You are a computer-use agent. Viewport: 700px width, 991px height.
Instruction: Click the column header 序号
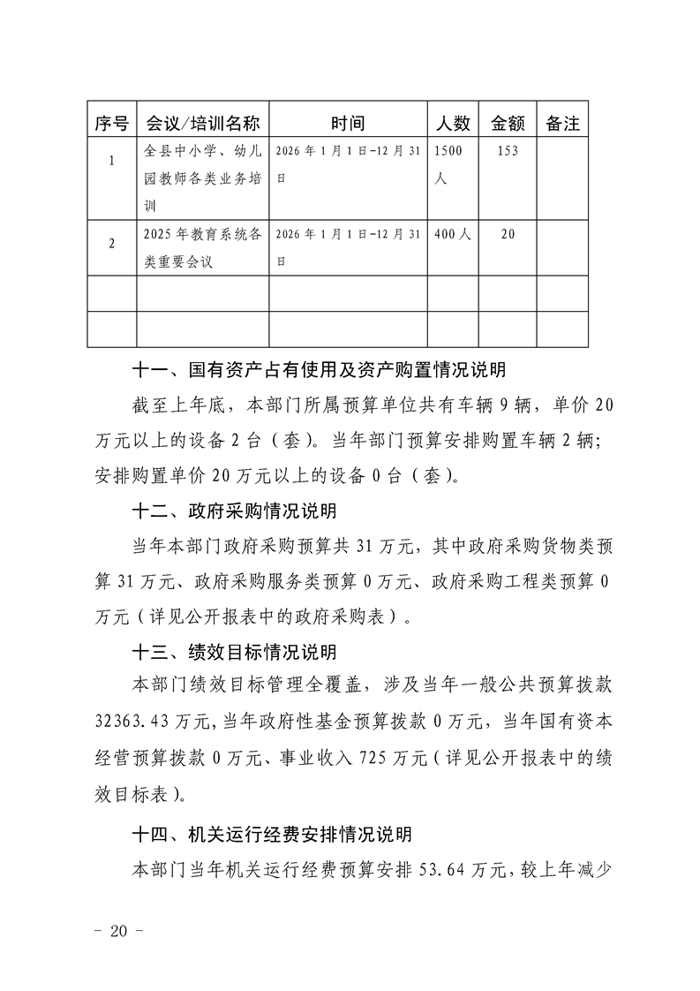112,124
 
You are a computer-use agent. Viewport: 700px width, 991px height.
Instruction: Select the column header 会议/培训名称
202,124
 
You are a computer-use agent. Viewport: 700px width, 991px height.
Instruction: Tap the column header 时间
348,124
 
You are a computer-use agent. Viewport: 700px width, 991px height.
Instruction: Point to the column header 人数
453,124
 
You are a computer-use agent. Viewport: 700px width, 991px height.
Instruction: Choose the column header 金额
508,124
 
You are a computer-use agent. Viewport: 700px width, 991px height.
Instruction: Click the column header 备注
562,124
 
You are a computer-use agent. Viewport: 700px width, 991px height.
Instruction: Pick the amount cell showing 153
508,151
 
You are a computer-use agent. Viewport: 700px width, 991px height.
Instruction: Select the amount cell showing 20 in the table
508,235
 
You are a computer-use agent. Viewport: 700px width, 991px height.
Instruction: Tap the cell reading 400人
453,235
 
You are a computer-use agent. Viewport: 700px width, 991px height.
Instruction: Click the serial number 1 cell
112,162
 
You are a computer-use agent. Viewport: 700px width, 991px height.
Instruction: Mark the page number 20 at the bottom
117,933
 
